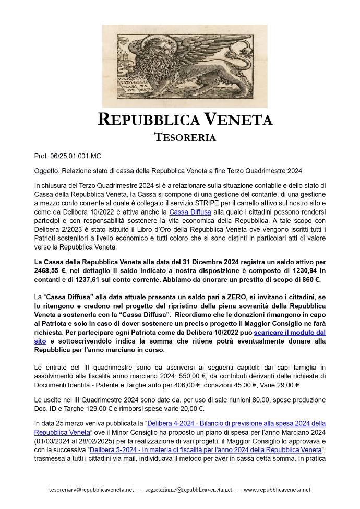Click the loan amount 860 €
308,279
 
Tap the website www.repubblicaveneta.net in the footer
277,490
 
